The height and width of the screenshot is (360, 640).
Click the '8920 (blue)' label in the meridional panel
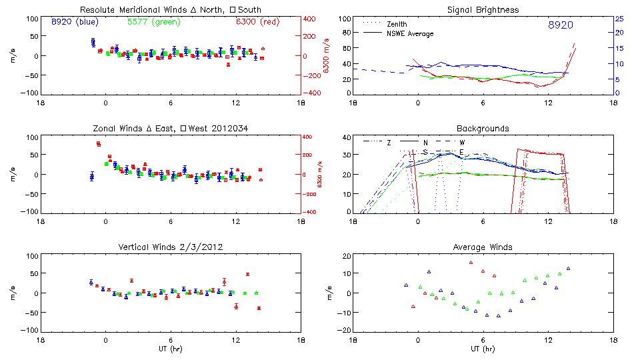click(75, 21)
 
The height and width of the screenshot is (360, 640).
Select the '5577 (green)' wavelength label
click(153, 21)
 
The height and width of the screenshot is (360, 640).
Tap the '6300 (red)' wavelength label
click(255, 21)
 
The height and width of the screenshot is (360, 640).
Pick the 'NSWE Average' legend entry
click(410, 33)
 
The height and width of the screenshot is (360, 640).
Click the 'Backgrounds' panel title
click(483, 128)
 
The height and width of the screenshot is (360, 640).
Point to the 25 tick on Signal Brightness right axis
click(618, 19)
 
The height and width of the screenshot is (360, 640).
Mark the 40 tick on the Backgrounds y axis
click(345, 137)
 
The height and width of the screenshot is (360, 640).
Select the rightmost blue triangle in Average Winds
click(569, 269)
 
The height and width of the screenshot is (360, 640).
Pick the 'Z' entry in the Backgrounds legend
click(389, 143)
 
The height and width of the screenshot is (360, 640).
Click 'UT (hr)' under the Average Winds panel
click(483, 348)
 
